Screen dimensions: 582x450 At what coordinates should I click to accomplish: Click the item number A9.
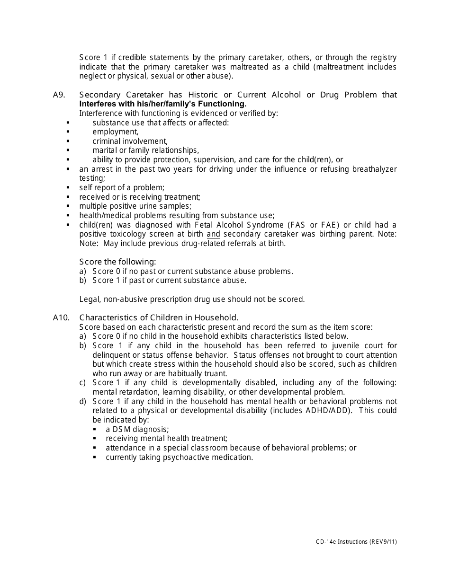tap(59, 95)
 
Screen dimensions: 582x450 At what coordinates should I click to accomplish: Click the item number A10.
tap(61, 317)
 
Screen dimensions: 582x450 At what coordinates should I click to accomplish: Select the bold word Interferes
tap(96, 104)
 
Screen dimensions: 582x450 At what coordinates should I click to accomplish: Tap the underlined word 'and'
tap(214, 234)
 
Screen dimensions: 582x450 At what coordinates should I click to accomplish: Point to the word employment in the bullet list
tap(115, 132)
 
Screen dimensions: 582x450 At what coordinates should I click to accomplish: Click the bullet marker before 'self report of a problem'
tap(68, 187)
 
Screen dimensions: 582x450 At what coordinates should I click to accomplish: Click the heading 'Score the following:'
tap(117, 262)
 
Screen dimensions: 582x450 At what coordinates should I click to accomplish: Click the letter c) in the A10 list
tap(82, 382)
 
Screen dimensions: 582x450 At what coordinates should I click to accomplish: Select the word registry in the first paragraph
tap(382, 57)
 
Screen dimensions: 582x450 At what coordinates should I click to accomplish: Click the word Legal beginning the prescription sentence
tap(89, 299)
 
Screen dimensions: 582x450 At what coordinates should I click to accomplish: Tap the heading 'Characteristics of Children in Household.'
tap(159, 317)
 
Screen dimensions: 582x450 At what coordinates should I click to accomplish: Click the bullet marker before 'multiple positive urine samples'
tap(68, 206)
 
